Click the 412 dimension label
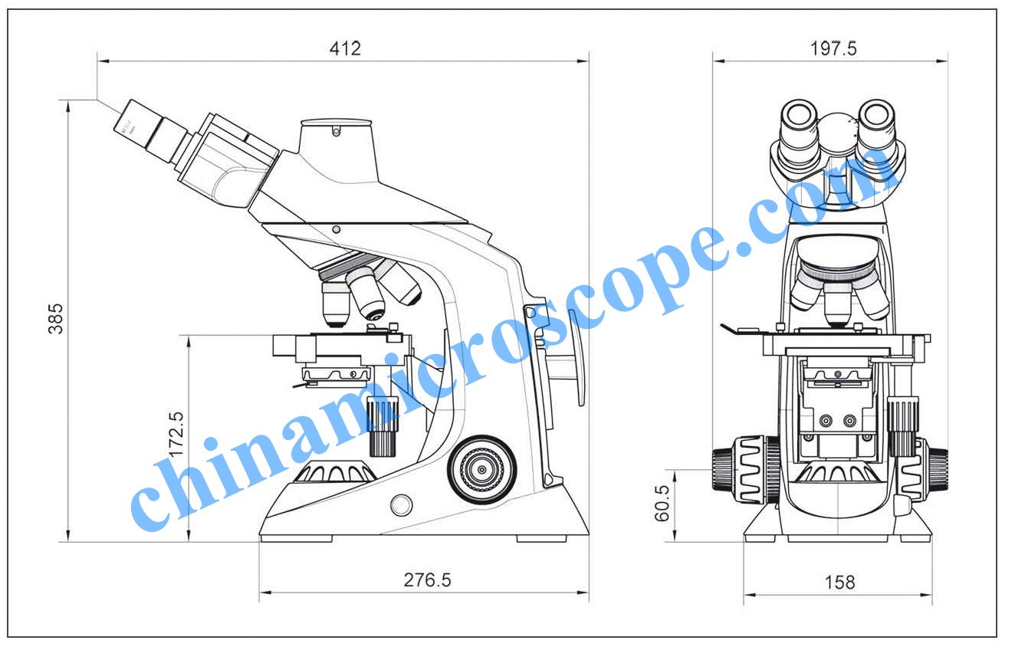pos(345,48)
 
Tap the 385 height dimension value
pos(56,319)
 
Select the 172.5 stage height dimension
pos(176,434)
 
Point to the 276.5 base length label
pos(427,580)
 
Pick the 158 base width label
pos(839,582)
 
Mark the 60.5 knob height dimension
pos(662,503)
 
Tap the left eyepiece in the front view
pos(800,129)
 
